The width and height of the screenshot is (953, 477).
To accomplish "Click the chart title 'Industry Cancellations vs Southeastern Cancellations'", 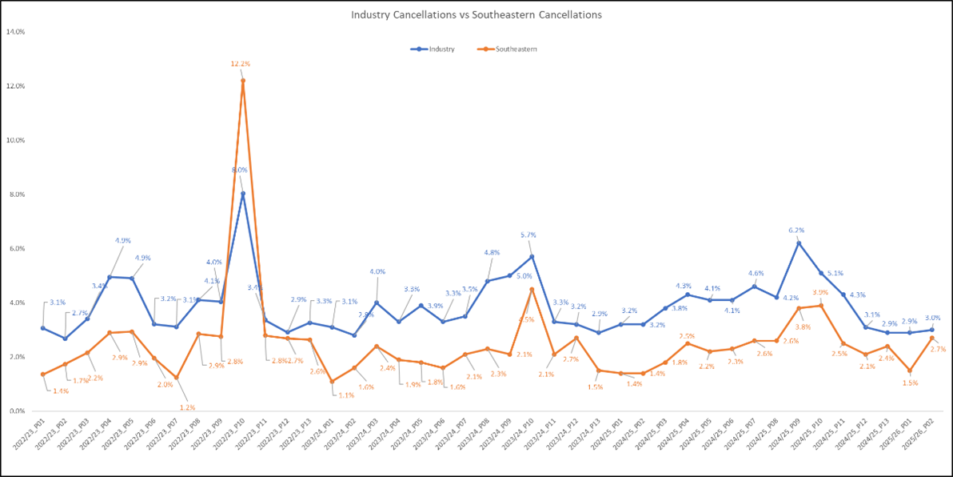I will coord(476,14).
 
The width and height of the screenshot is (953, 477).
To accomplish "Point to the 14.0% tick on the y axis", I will coord(16,32).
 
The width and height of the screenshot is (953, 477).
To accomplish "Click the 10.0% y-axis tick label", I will coord(16,140).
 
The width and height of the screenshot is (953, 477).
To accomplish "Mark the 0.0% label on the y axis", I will coord(16,411).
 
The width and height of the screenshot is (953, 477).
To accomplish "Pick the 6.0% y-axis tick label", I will coord(16,249).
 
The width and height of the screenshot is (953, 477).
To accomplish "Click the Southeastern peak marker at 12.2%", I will coord(243,80).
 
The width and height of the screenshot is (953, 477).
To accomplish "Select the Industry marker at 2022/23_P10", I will coord(243,194).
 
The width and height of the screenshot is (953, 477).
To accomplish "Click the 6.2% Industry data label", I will coord(795,230).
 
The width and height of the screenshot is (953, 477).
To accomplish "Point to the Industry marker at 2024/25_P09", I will coord(798,243).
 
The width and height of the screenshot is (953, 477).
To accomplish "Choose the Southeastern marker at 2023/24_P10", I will coord(531,289).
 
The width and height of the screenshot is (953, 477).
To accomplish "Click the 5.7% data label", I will coord(528,235).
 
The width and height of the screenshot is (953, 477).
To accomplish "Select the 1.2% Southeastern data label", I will coord(186,407).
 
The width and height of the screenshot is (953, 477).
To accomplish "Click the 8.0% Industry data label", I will coord(239,170).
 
